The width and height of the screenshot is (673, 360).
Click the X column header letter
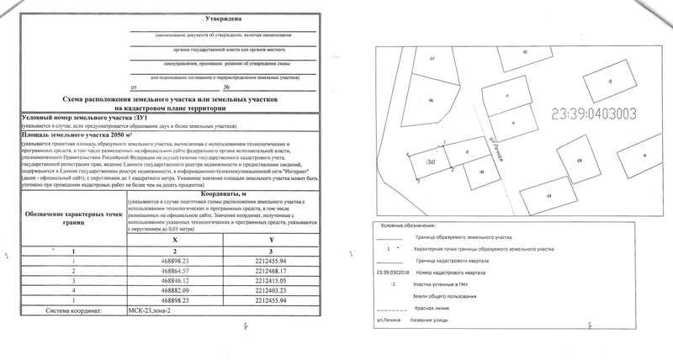(174, 237)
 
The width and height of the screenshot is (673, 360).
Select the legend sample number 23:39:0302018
(394, 272)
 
